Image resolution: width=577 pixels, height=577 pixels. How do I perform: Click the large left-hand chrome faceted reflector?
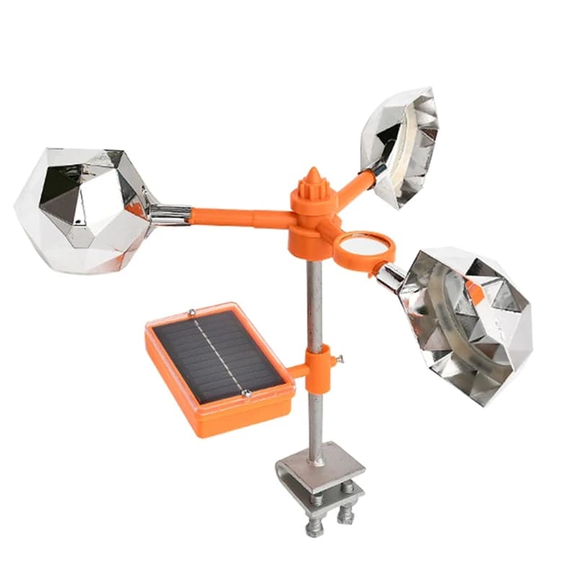coord(83,209)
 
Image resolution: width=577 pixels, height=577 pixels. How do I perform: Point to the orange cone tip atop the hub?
coord(313,176)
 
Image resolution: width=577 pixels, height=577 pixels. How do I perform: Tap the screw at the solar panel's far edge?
coord(192,312)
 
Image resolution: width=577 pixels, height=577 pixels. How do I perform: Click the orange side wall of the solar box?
coord(238,418)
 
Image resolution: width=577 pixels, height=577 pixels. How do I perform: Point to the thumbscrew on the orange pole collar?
coord(339,358)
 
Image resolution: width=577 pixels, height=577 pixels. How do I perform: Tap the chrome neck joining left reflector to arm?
coord(169,213)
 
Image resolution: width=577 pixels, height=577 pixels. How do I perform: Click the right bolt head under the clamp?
coord(345,514)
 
